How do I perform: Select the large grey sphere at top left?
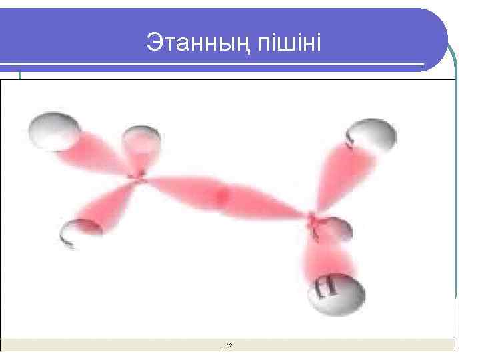[52, 129]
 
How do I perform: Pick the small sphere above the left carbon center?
[141, 141]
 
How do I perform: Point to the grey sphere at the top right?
[371, 137]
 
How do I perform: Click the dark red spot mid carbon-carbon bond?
[222, 194]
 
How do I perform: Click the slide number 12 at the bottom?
[229, 345]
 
